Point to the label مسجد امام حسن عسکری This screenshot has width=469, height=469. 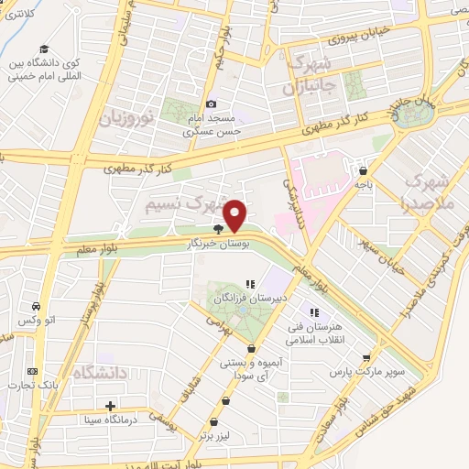(x=213, y=125)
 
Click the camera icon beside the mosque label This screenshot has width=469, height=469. (x=213, y=104)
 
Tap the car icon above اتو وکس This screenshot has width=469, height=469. (x=35, y=306)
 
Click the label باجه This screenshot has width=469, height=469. (x=365, y=183)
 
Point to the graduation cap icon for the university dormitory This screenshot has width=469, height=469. (x=42, y=49)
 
